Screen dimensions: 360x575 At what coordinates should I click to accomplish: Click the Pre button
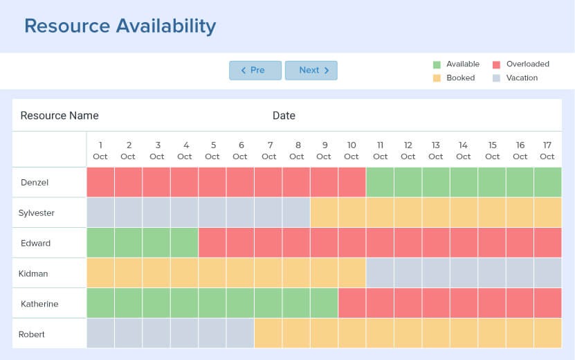255,70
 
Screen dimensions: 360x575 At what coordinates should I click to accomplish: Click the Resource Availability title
120,26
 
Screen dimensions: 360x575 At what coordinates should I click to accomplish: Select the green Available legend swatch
437,64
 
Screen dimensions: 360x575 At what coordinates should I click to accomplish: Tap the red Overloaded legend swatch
496,64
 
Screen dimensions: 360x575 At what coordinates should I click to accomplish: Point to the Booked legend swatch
437,78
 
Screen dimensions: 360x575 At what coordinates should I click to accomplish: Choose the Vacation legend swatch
496,78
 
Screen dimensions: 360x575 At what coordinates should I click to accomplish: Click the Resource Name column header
60,116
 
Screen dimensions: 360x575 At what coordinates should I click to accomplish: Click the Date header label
284,116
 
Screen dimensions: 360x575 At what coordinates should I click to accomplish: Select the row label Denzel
34,183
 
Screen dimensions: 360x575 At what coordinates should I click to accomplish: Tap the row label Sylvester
36,213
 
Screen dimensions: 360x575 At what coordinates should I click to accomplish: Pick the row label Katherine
39,304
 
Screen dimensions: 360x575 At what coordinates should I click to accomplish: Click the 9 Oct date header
325,150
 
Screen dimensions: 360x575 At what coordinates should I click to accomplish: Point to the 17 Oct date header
547,150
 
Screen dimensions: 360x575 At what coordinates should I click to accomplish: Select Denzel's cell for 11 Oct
380,183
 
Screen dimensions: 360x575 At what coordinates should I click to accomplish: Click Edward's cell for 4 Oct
185,243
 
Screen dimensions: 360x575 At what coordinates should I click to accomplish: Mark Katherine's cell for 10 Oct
352,304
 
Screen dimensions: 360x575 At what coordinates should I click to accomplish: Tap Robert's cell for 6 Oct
240,334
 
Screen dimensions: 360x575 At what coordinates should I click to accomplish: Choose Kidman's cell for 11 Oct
380,273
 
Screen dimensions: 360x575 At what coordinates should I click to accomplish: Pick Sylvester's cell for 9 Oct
325,213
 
